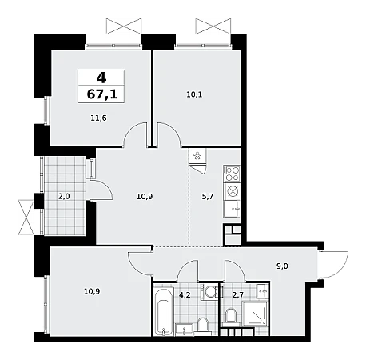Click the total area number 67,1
point(102,94)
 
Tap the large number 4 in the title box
point(101,78)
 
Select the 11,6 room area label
point(98,118)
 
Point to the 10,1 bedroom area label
point(194,94)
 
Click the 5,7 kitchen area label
point(208,197)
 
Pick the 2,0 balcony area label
point(64,197)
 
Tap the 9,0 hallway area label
point(282,266)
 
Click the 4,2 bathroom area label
point(185,295)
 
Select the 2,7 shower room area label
point(237,295)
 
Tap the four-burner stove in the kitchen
point(232,174)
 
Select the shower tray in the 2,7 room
point(255,314)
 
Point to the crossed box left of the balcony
point(26,218)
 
